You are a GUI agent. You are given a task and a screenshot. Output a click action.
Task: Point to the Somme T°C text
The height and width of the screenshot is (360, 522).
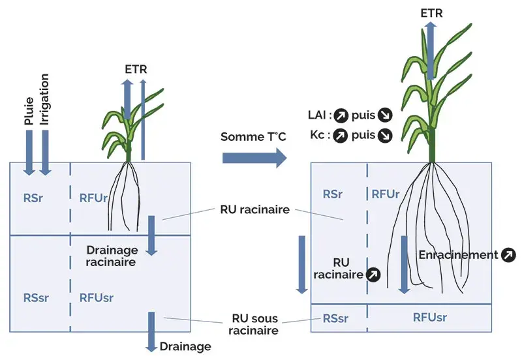pos(254,136)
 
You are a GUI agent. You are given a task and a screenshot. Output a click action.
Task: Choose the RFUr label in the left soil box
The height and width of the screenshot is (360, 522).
pos(93,198)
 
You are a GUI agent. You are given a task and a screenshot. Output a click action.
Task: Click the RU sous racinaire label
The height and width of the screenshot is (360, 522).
pos(254,325)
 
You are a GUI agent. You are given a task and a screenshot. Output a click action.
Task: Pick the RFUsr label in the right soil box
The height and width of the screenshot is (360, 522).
pos(430,318)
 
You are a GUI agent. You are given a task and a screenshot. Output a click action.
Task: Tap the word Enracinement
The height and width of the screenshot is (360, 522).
pos(458,255)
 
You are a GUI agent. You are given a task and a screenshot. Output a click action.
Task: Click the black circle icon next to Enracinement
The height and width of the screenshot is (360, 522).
pos(507,255)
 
